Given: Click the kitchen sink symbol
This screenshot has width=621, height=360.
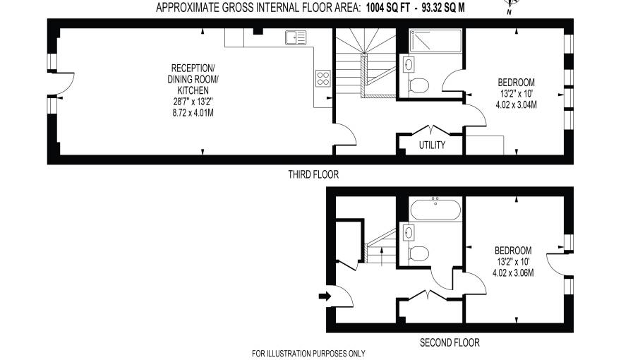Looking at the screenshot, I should pos(295,38).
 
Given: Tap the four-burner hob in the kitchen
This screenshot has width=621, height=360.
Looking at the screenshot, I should pos(323,78).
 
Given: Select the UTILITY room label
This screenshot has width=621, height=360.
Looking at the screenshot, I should pos(431,145).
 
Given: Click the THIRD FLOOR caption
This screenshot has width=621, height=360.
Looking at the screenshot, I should pos(313,174).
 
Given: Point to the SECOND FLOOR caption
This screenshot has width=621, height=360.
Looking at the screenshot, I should pos(450,343).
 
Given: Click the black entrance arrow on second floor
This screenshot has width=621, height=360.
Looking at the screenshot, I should pos(325,296).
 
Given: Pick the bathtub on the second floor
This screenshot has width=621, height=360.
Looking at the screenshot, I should pos(435,210).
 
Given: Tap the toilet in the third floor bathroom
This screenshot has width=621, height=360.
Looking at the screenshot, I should pos(418,86).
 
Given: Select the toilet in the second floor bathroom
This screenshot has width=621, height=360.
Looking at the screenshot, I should pos(418,253).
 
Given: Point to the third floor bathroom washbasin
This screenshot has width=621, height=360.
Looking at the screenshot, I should pos(409,65).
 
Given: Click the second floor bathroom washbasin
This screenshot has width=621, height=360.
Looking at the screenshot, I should pos(408,232).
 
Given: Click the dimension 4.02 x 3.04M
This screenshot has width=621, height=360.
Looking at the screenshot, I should pos(517,105).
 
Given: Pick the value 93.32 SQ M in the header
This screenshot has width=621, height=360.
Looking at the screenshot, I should pos(442,8).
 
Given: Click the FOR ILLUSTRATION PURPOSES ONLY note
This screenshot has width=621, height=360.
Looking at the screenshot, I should pos(308,354).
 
